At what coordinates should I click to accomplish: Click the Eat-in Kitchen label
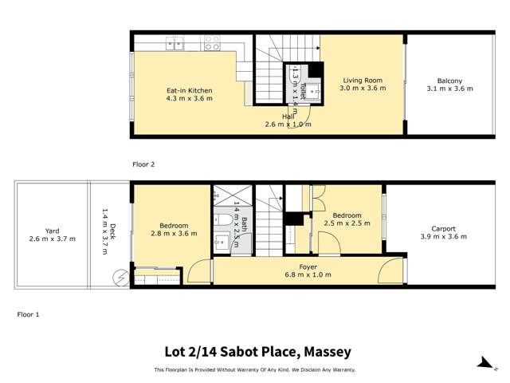(x=189, y=91)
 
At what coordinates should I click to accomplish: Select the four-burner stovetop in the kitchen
(x=212, y=43)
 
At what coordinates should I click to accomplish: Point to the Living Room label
(x=363, y=81)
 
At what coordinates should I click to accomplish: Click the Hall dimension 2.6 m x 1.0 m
(x=288, y=124)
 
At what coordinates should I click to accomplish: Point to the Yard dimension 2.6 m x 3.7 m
(x=52, y=239)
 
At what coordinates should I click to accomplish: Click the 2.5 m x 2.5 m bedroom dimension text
(x=347, y=224)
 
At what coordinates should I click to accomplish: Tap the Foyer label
(x=308, y=267)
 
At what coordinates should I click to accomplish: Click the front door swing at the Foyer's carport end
(x=392, y=267)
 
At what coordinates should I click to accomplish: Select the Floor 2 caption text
(x=143, y=164)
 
